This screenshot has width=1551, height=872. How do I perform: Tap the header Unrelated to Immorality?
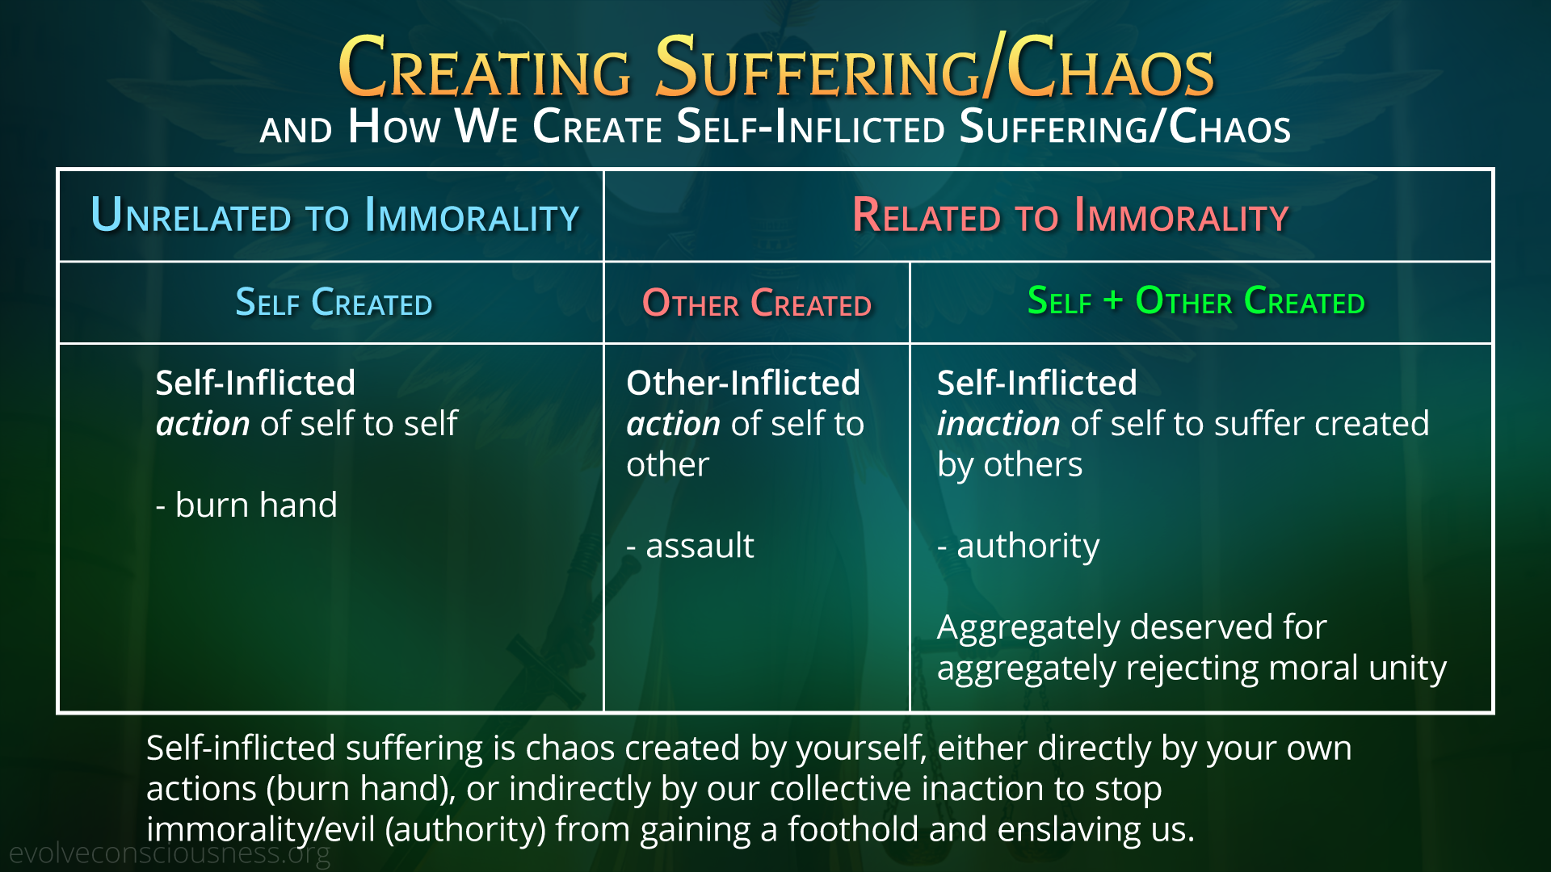335,216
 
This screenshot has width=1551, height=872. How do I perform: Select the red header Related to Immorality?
1070,216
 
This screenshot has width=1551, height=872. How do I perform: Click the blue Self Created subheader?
334,303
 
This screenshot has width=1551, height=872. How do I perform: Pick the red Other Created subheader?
757,304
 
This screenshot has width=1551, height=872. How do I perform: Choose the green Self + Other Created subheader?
1196,301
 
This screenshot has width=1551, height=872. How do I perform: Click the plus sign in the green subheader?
1113,300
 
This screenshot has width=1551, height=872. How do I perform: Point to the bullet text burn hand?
246,505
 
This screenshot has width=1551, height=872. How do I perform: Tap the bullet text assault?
691,546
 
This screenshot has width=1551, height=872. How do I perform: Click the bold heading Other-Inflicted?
743,383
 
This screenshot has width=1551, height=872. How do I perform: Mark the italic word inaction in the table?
998,423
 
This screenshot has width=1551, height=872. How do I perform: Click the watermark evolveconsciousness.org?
170,853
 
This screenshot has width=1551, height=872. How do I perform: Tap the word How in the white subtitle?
394,127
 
